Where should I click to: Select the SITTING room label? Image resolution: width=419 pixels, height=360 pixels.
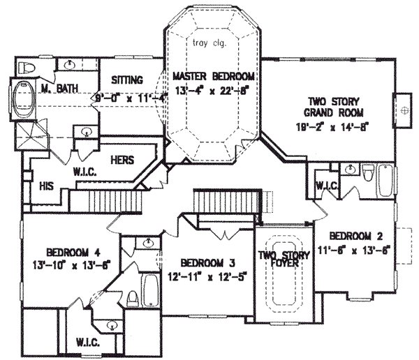[127, 80]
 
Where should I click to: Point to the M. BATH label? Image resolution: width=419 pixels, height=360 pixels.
[58, 87]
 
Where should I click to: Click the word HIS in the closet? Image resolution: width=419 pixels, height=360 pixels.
[47, 186]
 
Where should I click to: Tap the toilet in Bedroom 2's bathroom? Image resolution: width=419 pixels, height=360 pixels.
[368, 172]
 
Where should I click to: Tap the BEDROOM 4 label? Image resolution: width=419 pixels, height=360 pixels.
[71, 252]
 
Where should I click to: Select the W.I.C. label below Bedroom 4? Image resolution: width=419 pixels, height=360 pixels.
[83, 344]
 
